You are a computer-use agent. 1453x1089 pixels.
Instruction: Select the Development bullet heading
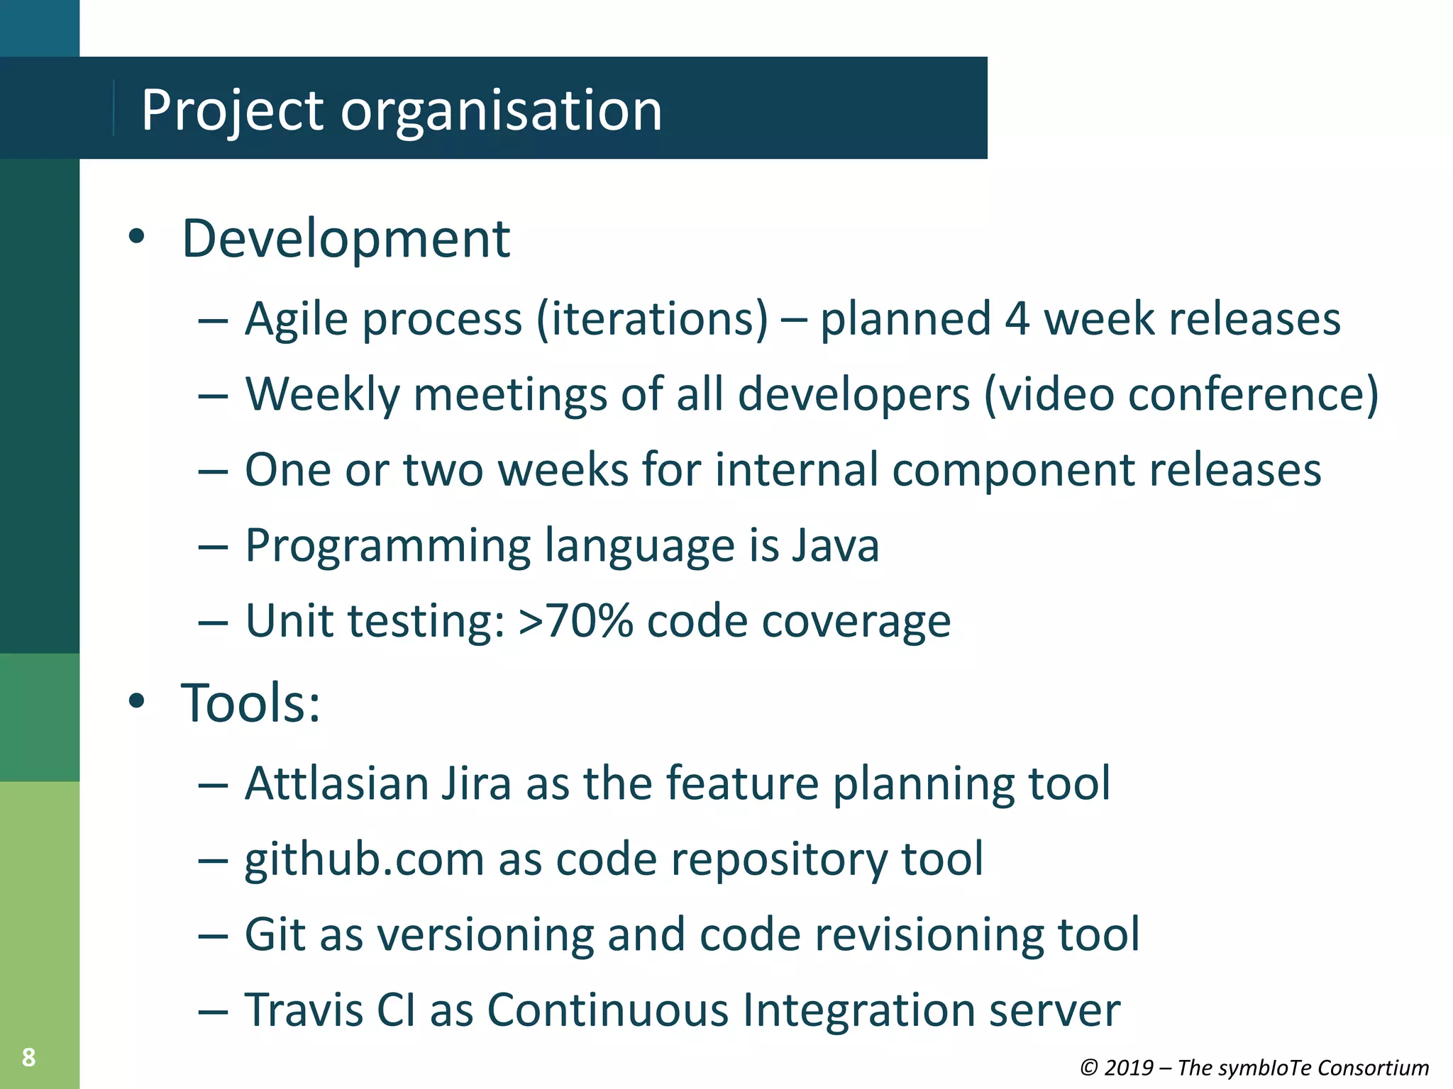coord(346,239)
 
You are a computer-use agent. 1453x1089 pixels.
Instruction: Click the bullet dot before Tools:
coord(136,701)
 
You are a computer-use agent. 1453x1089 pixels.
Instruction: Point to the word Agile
coord(297,319)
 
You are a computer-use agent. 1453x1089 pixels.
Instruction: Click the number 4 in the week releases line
coord(1017,318)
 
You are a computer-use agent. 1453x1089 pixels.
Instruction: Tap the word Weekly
coord(323,394)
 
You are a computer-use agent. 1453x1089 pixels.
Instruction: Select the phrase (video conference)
coord(1181,394)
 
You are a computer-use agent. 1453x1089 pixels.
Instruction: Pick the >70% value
coord(575,621)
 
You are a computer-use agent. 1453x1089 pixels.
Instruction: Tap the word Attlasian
coord(336,783)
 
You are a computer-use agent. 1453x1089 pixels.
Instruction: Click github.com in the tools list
coord(364,860)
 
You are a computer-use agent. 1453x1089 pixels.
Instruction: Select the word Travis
coord(304,1010)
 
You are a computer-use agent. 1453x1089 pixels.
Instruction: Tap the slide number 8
coord(28,1057)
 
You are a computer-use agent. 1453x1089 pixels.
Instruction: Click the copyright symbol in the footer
coord(1089,1068)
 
